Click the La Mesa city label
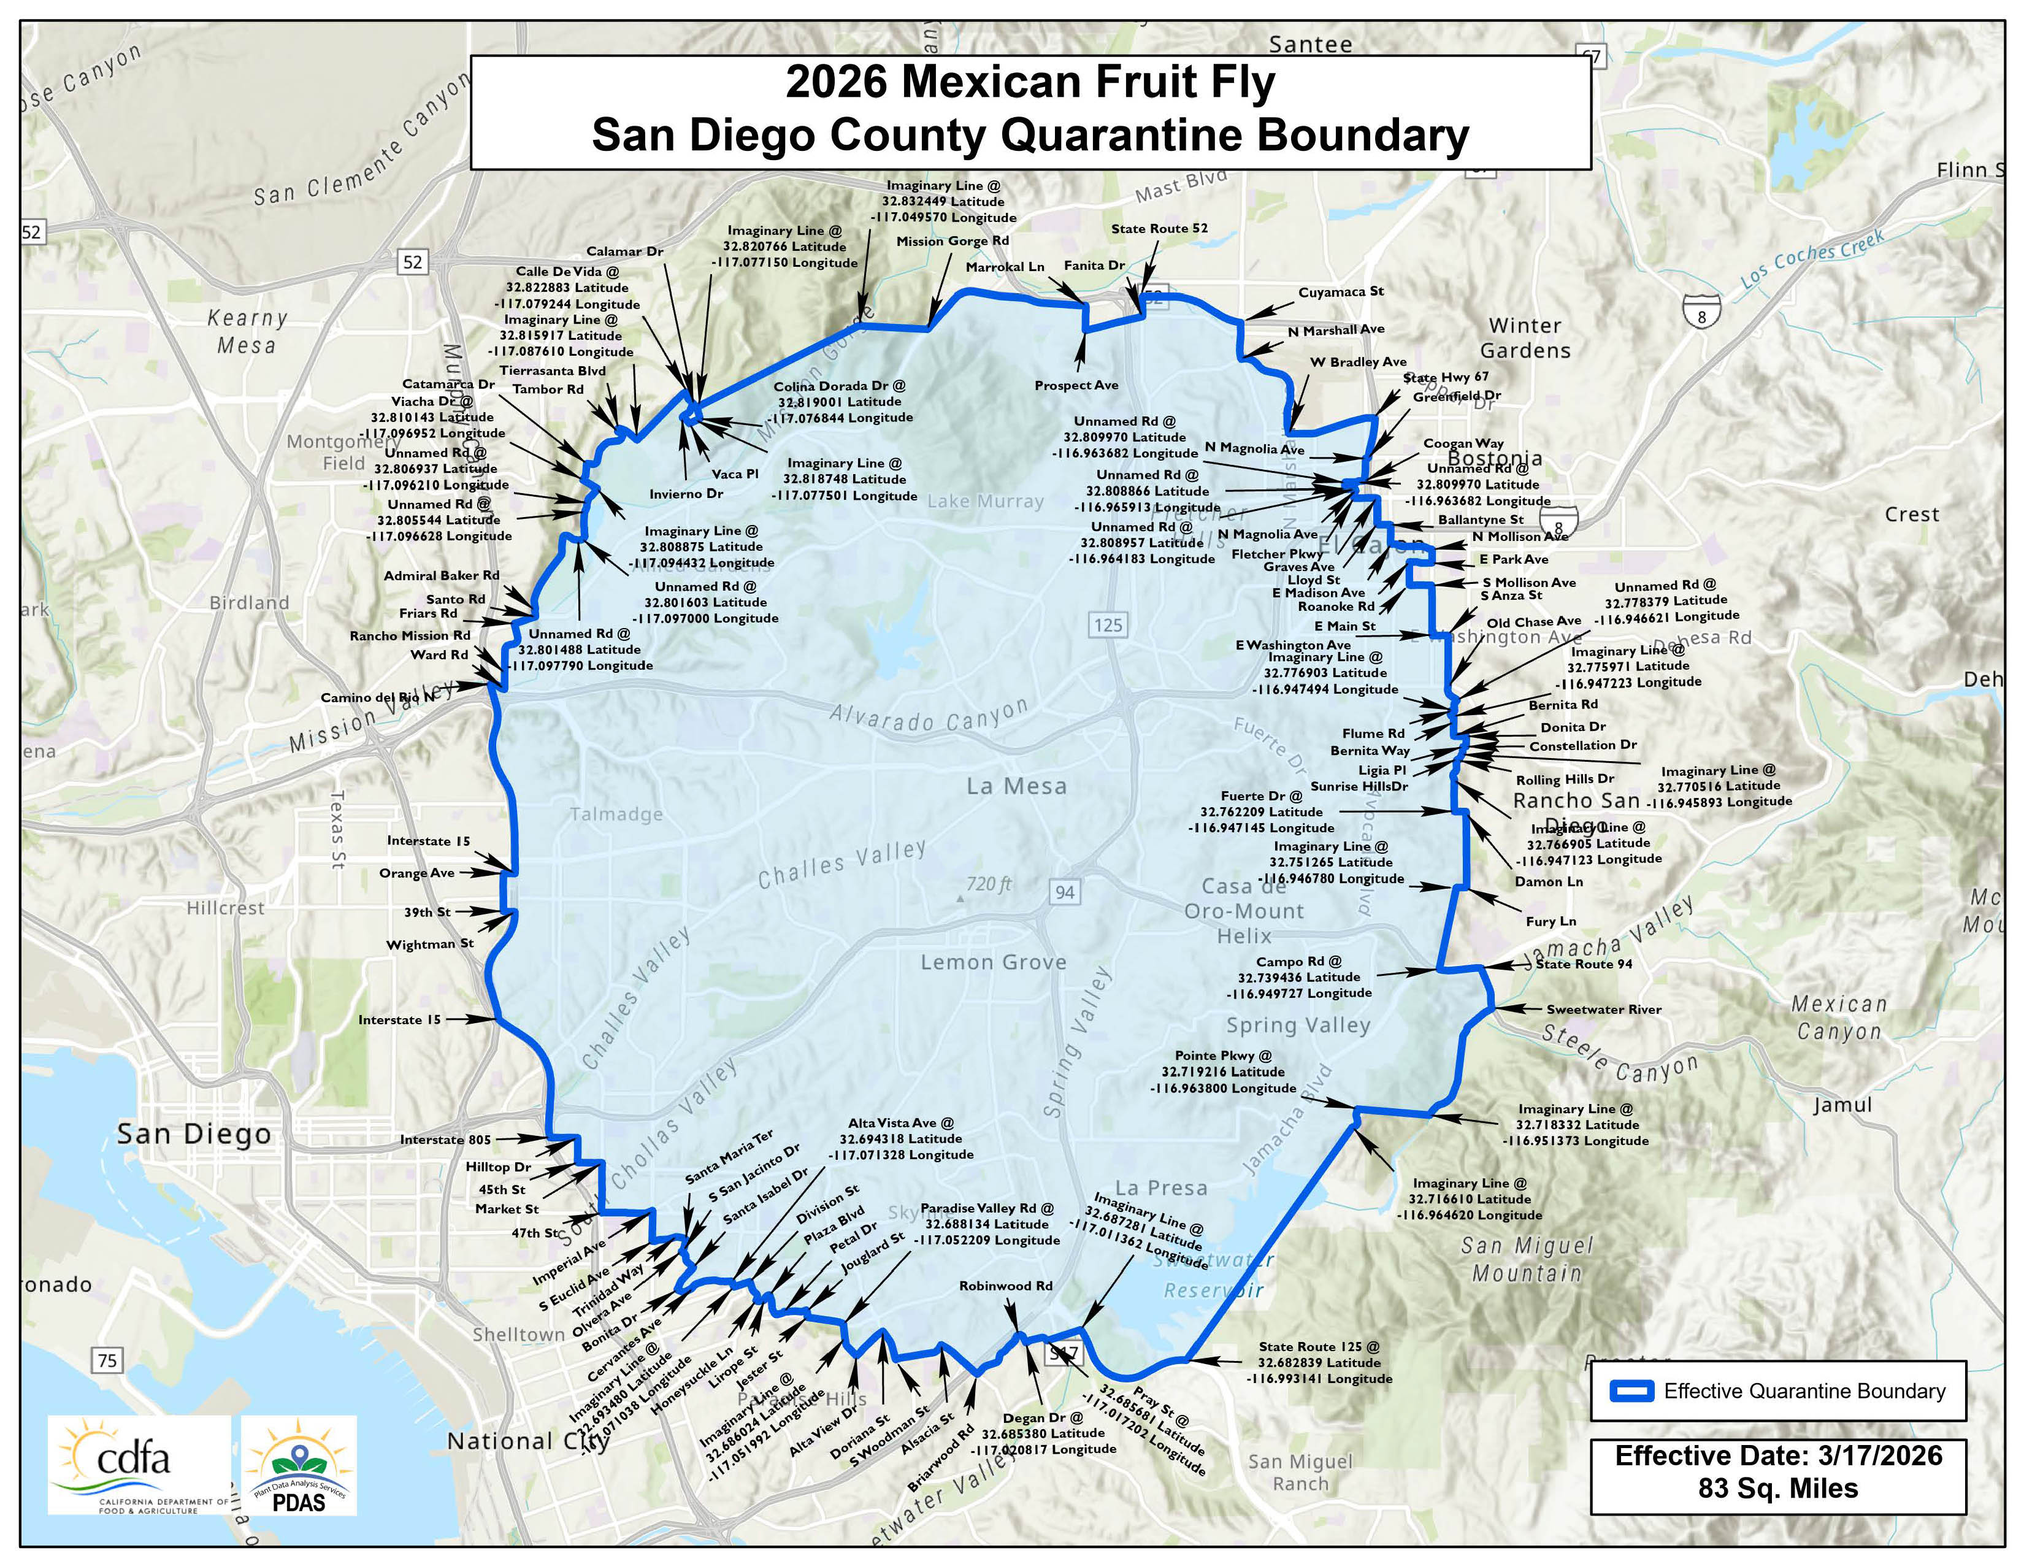[1017, 787]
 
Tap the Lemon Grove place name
[994, 963]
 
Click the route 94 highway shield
[1065, 892]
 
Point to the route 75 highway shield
[107, 1360]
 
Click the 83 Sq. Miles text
[1779, 1489]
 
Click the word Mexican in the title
[994, 82]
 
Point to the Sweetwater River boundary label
[1603, 1009]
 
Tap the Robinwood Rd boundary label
[1005, 1286]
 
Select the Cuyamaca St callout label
[1340, 292]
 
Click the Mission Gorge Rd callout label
[953, 241]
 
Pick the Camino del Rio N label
[377, 698]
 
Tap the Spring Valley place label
[1297, 1025]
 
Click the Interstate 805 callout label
[445, 1140]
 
